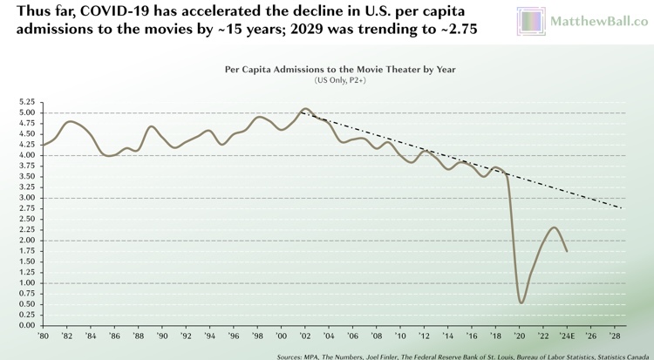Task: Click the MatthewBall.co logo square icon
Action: coord(530,21)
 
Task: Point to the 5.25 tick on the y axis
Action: coord(24,102)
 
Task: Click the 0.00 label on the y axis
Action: coord(24,325)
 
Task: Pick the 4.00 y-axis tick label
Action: coord(24,155)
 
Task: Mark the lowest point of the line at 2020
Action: coord(521,302)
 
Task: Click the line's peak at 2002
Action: coord(304,109)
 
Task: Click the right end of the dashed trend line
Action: coord(621,208)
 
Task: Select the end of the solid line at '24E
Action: coord(567,251)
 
